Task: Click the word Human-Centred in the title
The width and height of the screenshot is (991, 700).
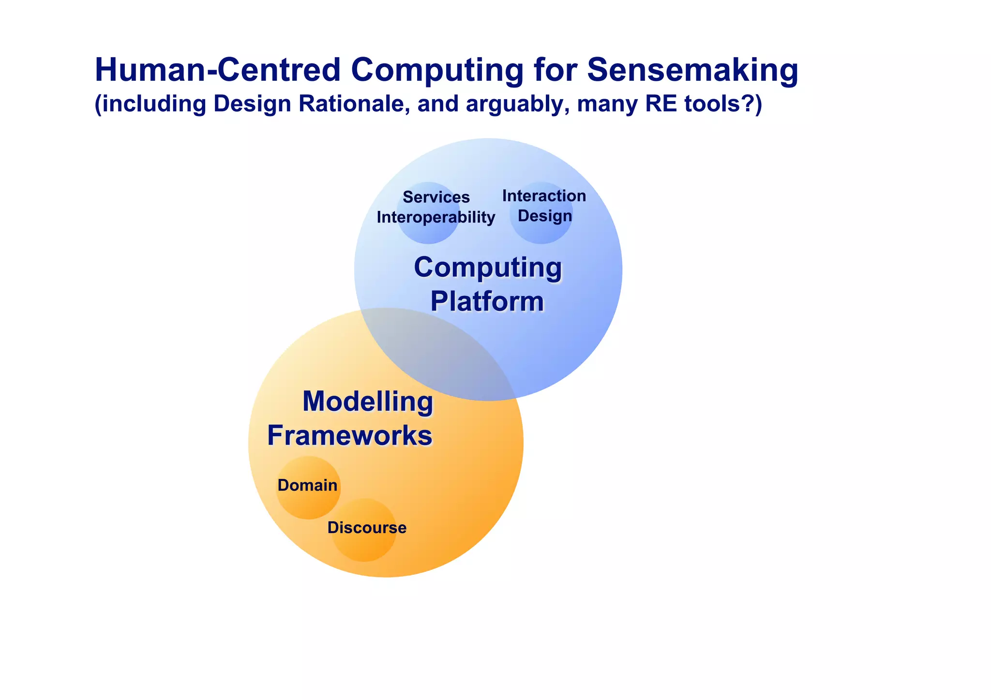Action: (218, 70)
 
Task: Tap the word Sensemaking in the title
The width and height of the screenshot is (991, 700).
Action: (692, 70)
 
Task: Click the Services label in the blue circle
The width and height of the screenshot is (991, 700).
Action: (436, 197)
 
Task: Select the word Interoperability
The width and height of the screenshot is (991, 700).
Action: (435, 218)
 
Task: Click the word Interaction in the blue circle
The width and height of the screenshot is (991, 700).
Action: (544, 196)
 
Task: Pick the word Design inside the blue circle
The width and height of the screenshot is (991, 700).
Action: (545, 216)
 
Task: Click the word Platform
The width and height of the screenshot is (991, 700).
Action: (487, 301)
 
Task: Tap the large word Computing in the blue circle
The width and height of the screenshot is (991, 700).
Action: (488, 268)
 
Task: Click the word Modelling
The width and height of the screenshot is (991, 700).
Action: (368, 402)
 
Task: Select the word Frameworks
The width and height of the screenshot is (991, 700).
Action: (349, 435)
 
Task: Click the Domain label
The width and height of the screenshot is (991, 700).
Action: (307, 485)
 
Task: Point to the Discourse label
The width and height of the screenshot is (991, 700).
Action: (367, 528)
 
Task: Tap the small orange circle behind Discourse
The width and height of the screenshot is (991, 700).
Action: (364, 547)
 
